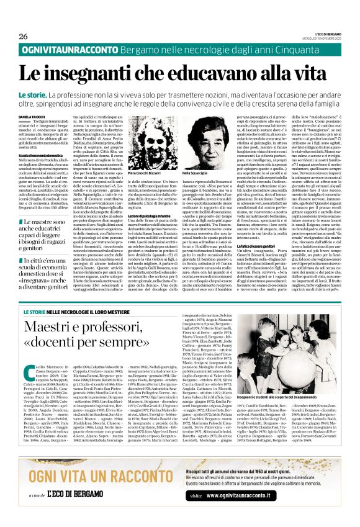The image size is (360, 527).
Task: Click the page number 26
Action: coord(24,36)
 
